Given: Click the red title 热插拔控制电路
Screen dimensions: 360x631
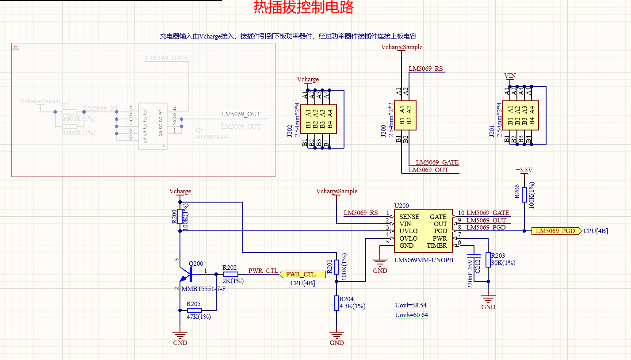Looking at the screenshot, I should tap(303, 8).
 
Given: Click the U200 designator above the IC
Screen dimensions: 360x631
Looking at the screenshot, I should tap(402, 206).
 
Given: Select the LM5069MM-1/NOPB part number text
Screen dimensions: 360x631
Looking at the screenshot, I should tap(424, 260).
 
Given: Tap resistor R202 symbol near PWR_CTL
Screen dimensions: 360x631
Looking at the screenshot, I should tap(230, 274).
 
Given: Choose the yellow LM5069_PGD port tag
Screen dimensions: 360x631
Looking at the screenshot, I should tap(555, 231).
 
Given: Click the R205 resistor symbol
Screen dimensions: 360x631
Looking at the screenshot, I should tap(194, 310).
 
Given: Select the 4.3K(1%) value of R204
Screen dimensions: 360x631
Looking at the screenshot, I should tap(352, 306).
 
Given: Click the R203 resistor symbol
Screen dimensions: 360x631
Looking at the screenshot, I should tap(488, 260).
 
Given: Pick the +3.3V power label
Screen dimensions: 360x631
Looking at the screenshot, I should tap(524, 170).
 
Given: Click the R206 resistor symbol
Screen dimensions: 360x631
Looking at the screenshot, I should tap(524, 195).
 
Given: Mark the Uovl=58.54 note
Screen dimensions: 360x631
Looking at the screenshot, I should tap(410, 306).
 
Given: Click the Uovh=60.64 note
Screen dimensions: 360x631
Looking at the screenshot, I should tap(411, 315).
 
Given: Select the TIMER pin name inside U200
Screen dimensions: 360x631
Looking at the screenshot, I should tap(437, 245).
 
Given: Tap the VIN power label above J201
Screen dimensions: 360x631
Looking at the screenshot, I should tap(510, 76).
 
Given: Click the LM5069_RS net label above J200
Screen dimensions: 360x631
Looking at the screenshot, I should tap(425, 69).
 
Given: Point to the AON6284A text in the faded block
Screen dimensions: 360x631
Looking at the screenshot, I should tap(211, 137).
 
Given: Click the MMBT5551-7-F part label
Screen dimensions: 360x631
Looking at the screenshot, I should tap(203, 289).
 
